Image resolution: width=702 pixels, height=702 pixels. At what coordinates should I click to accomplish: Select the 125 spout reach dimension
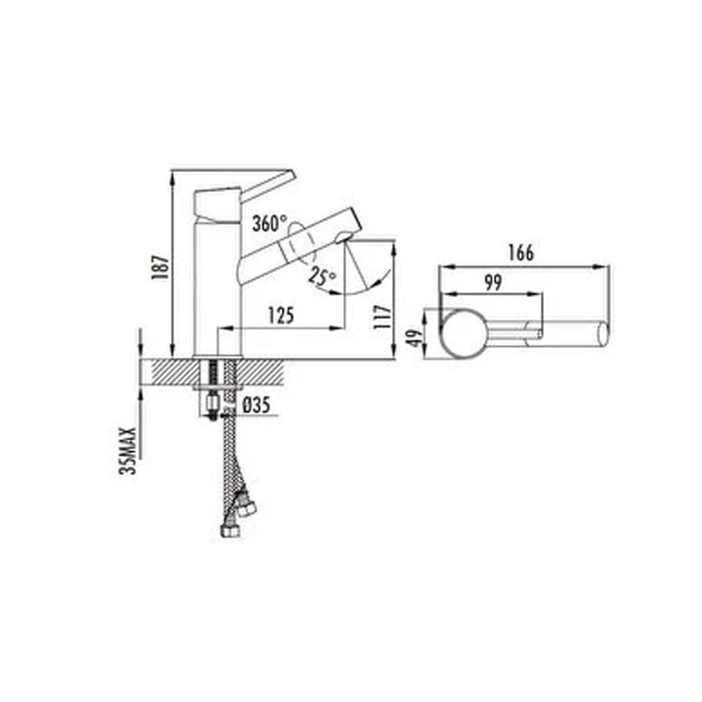pos(281,315)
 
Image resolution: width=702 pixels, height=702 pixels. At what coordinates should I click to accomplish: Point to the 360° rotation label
pos(269,223)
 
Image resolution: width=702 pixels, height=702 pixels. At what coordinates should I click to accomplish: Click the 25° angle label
pos(322,277)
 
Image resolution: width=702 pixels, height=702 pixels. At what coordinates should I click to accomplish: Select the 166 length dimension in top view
pos(521,253)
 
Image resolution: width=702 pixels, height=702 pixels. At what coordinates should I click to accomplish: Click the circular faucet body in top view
pos(463,335)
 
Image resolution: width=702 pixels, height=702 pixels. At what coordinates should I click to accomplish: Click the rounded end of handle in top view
pos(604,335)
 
